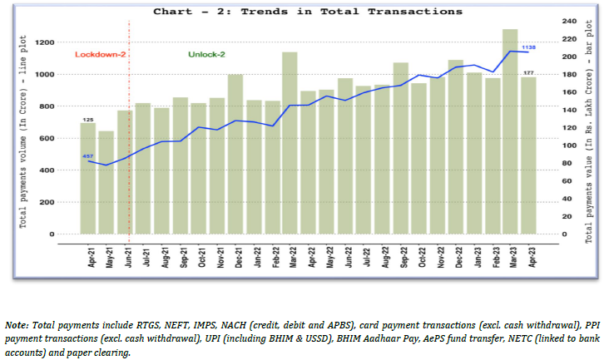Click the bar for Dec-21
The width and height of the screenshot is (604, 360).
[x=235, y=154]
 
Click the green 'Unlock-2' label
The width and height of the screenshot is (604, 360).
[x=207, y=54]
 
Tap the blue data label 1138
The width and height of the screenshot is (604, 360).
[x=527, y=48]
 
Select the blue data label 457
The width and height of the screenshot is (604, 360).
[x=87, y=156]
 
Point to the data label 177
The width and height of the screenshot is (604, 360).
[x=528, y=73]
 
